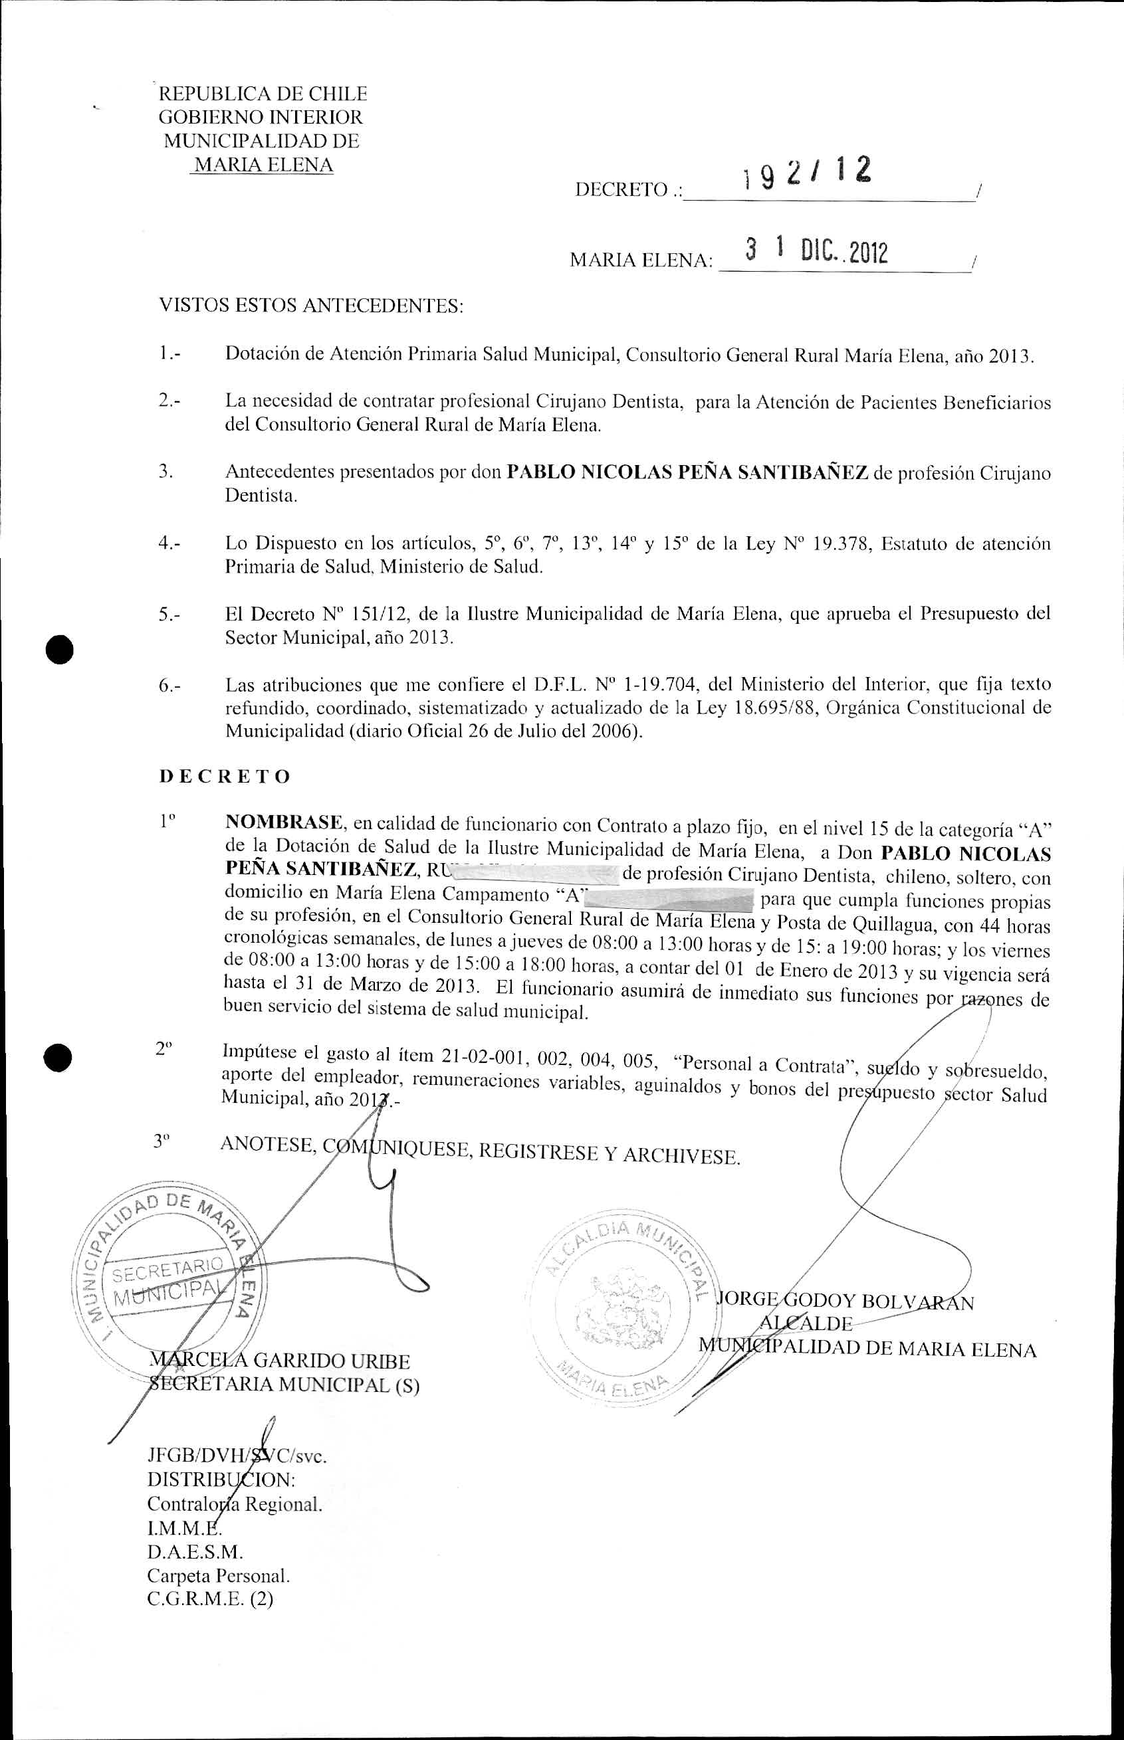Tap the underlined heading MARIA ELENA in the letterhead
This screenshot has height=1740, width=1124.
coord(261,165)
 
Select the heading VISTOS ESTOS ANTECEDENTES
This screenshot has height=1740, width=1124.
coord(311,305)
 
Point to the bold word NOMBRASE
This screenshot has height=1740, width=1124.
coord(284,823)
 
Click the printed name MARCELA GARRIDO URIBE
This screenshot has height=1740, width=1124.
coord(281,1361)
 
